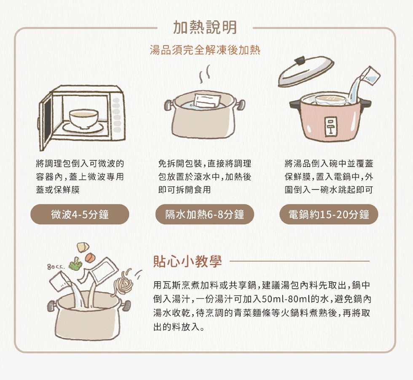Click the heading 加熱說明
point(205,27)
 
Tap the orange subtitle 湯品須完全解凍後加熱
point(205,50)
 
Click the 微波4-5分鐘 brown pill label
point(80,214)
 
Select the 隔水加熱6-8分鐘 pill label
point(205,214)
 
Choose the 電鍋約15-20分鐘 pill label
point(329,214)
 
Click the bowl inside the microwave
point(84,119)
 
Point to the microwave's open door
point(46,122)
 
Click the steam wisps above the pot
point(205,73)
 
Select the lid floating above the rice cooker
point(306,71)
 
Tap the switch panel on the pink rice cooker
point(330,126)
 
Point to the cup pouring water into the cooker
point(370,76)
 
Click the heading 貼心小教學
point(188,261)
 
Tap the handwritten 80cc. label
point(56,267)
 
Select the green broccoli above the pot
point(75,264)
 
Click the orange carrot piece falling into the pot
point(90,257)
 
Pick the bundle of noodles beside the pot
point(123,283)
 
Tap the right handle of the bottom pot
point(126,305)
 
